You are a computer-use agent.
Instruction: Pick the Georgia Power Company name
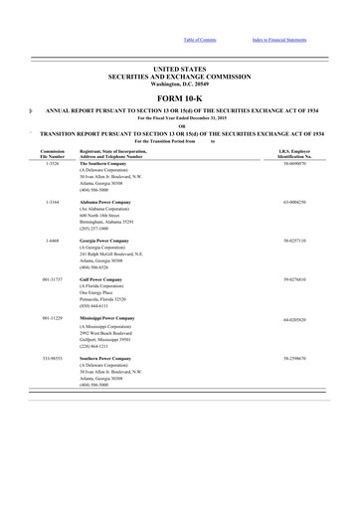[104, 241]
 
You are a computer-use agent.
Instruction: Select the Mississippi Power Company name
[108, 319]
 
